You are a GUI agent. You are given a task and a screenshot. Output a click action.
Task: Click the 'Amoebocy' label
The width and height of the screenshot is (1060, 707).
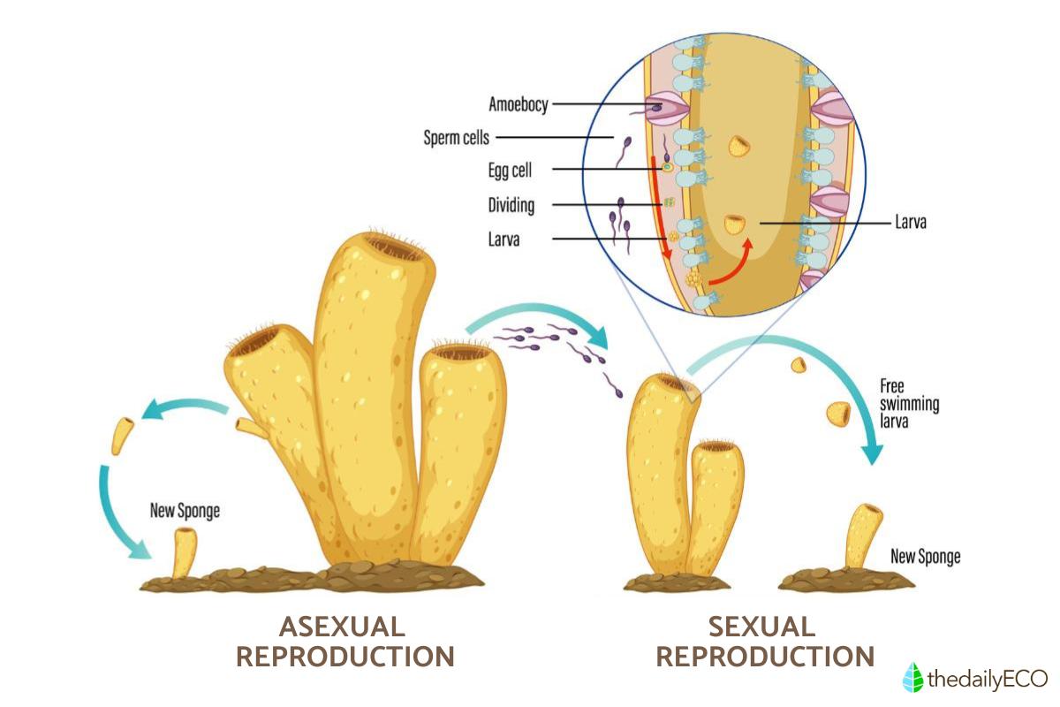(x=519, y=105)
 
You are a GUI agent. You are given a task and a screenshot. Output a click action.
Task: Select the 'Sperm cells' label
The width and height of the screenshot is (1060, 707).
(x=456, y=138)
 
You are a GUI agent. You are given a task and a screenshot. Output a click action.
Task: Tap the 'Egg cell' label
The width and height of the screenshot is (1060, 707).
(x=510, y=170)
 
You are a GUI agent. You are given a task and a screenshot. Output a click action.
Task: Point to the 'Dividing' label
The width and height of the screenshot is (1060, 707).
(x=511, y=206)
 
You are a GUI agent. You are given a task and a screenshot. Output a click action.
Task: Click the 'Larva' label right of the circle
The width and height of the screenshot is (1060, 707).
(x=909, y=224)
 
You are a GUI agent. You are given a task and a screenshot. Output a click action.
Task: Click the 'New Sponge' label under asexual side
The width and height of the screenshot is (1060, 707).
(x=184, y=510)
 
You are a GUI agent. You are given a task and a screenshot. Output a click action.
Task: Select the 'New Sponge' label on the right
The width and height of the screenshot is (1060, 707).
(x=925, y=557)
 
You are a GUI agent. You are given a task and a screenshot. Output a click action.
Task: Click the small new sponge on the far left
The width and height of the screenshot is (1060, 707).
(x=185, y=552)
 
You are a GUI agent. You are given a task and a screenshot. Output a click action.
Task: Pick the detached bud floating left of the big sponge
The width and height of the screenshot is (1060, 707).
(x=122, y=435)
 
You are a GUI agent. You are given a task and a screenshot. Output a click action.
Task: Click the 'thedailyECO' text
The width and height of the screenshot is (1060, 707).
(x=986, y=679)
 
